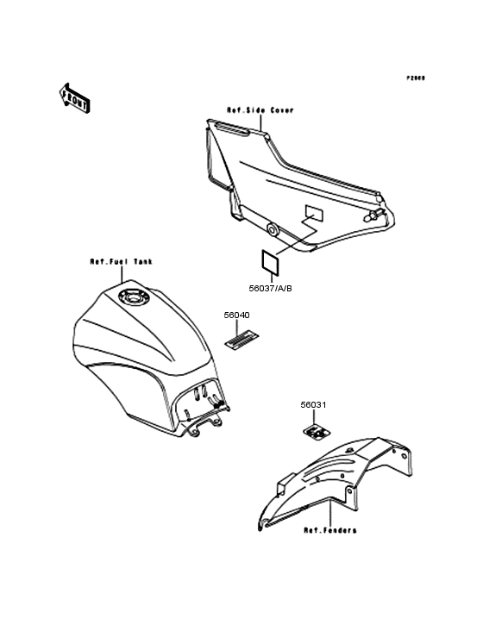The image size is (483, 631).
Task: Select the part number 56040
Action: (x=236, y=315)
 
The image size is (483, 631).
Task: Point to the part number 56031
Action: (x=313, y=404)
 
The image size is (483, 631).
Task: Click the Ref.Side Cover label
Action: (x=260, y=110)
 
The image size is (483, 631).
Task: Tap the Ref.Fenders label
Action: (x=329, y=530)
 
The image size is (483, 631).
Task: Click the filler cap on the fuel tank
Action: (x=135, y=299)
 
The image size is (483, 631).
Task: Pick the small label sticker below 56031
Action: (x=317, y=428)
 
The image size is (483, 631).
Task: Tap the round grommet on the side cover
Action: (x=273, y=230)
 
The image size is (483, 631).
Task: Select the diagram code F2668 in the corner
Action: (x=416, y=78)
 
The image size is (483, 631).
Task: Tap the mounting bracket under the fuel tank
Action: (x=204, y=422)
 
